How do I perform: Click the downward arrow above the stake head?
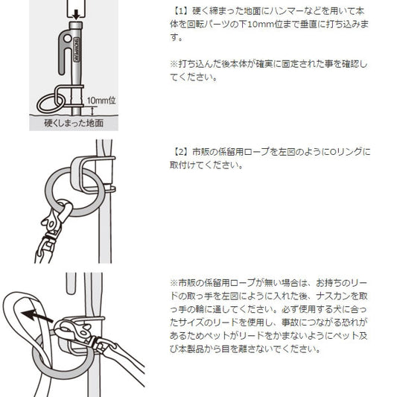[76, 15]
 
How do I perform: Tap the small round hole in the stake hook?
[67, 39]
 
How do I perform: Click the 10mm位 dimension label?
[101, 101]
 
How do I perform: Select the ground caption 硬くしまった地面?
[74, 123]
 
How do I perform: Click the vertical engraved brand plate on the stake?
[76, 50]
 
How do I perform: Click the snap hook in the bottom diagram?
[81, 334]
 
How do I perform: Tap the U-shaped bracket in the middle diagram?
[76, 175]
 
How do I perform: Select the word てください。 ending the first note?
[194, 77]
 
